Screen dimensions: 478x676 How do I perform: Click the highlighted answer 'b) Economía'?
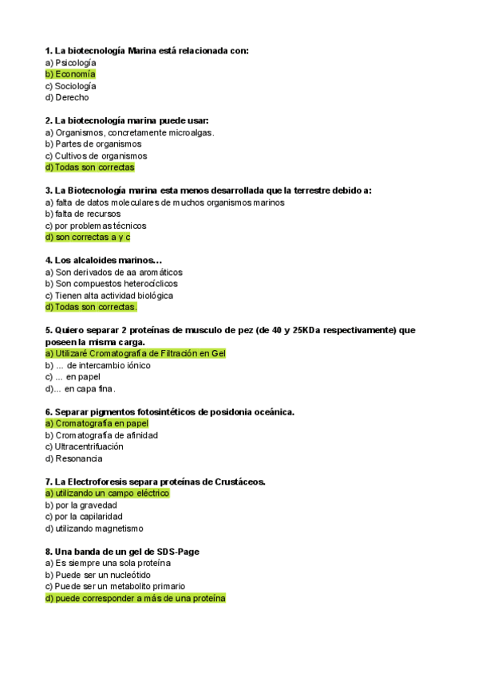click(70, 74)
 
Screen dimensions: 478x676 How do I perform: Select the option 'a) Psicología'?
click(70, 62)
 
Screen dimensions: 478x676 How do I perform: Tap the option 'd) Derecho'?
click(67, 97)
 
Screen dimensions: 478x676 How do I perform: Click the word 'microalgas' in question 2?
click(188, 132)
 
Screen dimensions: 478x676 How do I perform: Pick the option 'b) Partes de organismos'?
click(93, 144)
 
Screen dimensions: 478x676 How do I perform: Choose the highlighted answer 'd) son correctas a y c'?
click(88, 237)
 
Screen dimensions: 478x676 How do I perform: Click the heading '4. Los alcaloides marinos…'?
click(104, 260)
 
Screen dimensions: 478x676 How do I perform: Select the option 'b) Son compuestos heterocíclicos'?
click(112, 283)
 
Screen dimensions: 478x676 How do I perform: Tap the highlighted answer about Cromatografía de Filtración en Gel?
click(136, 353)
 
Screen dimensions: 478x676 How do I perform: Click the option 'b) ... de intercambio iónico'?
click(97, 365)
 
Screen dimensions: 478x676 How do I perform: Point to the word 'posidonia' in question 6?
click(228, 411)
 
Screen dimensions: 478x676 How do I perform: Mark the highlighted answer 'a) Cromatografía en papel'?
click(97, 423)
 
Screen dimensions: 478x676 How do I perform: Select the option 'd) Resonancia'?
click(73, 458)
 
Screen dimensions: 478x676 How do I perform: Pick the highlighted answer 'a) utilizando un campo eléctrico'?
click(108, 493)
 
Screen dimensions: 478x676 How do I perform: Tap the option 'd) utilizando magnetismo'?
click(94, 528)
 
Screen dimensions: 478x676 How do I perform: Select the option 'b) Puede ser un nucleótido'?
click(97, 575)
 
